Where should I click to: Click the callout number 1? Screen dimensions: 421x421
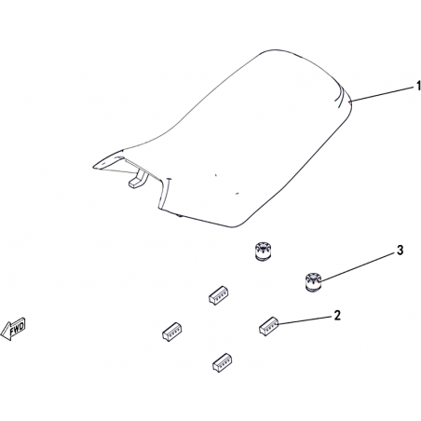pos(418,86)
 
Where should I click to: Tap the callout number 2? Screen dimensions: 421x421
pos(337,315)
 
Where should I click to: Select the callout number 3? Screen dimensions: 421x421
pos(400,250)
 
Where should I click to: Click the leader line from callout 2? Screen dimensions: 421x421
pos(305,320)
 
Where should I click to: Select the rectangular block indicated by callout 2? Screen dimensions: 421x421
pos(268,326)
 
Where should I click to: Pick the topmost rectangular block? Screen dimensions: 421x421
pos(219,295)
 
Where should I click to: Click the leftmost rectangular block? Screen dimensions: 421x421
pos(171,332)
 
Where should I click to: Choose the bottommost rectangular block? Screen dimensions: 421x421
pos(223,362)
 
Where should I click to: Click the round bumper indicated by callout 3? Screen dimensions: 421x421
pos(312,282)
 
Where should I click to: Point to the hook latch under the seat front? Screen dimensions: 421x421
pos(138,180)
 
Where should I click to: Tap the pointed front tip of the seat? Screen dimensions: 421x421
pos(93,167)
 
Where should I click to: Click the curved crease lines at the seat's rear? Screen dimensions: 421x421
pos(341,96)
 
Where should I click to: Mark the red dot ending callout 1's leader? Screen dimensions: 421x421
pos(349,102)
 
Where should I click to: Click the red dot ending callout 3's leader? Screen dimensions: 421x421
pos(319,281)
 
